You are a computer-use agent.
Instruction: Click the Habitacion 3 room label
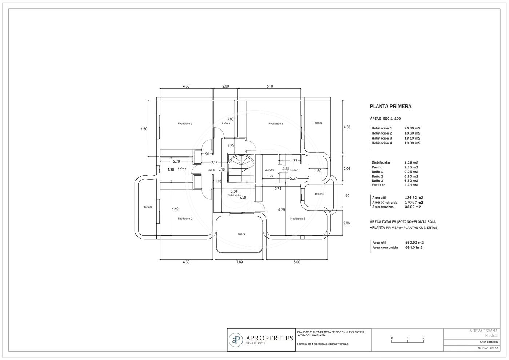tap(185, 124)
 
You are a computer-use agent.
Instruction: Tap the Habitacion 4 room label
tap(276, 124)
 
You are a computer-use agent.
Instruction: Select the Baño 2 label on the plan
tap(182, 169)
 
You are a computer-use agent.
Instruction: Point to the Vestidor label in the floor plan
tap(269, 170)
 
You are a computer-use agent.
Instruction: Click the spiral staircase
tap(241, 168)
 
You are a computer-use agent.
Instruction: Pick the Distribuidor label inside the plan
tap(234, 195)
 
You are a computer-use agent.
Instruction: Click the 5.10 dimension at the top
tap(269, 87)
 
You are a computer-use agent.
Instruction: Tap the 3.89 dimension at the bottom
tap(239, 262)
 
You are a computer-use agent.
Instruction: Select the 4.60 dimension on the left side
tap(144, 129)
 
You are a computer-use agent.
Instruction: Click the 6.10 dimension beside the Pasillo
tap(221, 169)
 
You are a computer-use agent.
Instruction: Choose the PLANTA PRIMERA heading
tap(390, 106)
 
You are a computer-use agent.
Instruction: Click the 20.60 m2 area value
tap(412, 128)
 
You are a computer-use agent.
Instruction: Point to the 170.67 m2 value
tap(414, 202)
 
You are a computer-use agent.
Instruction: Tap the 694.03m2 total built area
tap(414, 247)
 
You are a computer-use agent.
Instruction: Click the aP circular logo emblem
tap(236, 340)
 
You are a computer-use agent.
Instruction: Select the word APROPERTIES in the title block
tap(269, 339)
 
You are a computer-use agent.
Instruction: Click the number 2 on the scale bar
tap(423, 338)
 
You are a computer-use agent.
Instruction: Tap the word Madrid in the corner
tap(492, 335)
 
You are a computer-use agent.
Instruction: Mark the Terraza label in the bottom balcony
tap(240, 234)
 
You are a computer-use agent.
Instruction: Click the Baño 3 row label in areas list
tap(377, 181)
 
